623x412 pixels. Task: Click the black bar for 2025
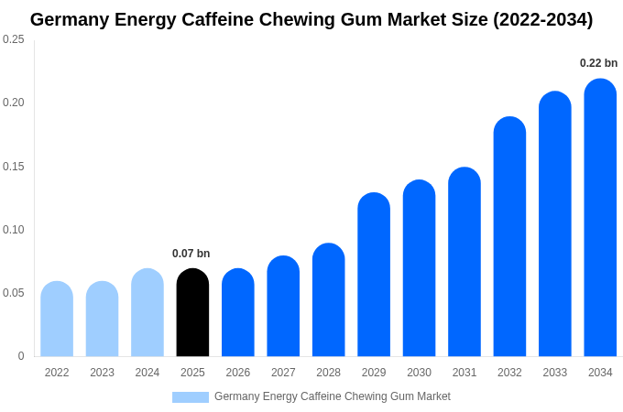192,313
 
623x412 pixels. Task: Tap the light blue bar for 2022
57,320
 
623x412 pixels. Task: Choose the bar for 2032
509,237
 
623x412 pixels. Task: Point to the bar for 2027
283,307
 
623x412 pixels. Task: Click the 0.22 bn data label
598,63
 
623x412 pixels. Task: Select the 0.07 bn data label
191,254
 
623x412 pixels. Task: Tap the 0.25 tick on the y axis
14,39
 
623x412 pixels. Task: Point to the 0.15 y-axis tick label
14,167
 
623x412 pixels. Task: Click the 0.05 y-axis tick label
14,293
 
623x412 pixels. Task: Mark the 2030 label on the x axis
419,373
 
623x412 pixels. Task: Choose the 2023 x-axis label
102,373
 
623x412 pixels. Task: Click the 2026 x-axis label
238,373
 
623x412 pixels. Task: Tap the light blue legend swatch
191,397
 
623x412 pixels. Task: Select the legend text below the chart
332,396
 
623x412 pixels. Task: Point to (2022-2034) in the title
542,19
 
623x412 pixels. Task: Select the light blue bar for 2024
148,313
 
